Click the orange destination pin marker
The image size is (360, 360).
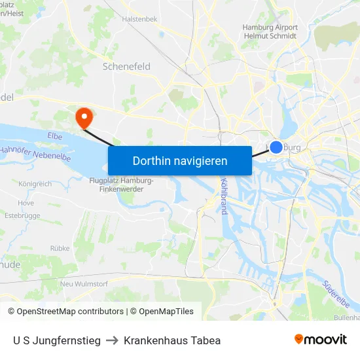(84, 118)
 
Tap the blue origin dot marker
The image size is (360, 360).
(276, 147)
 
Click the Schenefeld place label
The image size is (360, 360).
(127, 67)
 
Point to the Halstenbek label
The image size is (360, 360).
(140, 20)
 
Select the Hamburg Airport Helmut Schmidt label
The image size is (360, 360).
(270, 31)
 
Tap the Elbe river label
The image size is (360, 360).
(55, 136)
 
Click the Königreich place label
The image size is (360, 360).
(36, 184)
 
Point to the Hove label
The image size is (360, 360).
(26, 203)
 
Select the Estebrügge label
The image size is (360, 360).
(22, 215)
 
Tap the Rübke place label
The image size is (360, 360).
(60, 249)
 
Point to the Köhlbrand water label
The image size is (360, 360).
(224, 196)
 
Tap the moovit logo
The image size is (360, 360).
(321, 339)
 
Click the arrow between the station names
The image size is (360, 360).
(112, 340)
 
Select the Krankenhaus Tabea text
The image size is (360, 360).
(172, 340)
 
